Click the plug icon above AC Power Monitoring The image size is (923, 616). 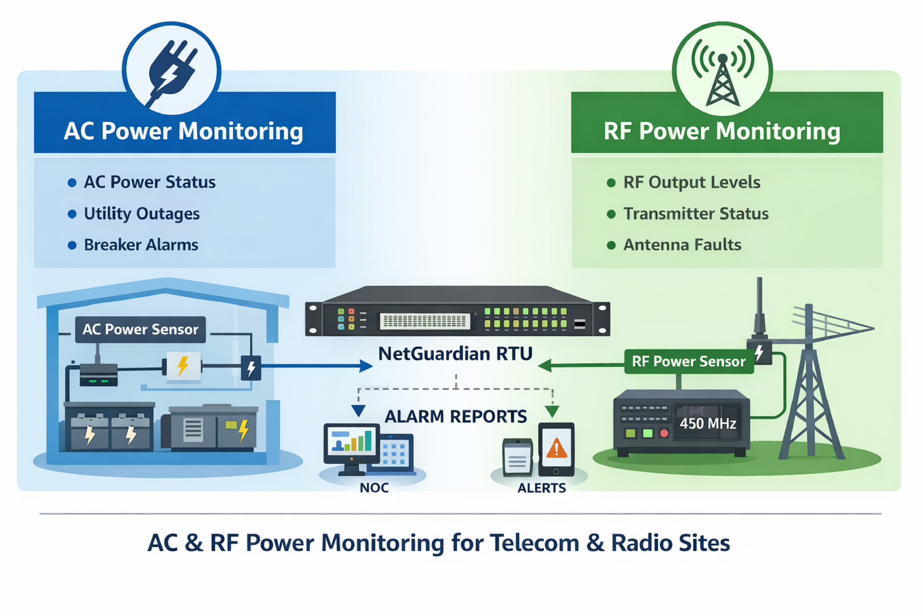(172, 71)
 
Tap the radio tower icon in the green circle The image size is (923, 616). (722, 75)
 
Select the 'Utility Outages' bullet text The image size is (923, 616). (142, 214)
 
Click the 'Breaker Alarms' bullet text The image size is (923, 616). (141, 245)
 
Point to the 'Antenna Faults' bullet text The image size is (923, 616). (682, 245)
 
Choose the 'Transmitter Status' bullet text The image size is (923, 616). (696, 214)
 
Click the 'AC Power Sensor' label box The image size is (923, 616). (140, 329)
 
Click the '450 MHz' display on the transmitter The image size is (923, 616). (707, 424)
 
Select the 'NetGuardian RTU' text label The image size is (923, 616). (455, 354)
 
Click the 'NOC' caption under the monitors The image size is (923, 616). (374, 488)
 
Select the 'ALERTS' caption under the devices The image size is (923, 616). (542, 488)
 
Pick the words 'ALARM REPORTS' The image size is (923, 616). (455, 416)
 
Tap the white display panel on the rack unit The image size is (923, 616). (425, 321)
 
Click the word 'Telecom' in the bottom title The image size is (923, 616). (534, 543)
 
